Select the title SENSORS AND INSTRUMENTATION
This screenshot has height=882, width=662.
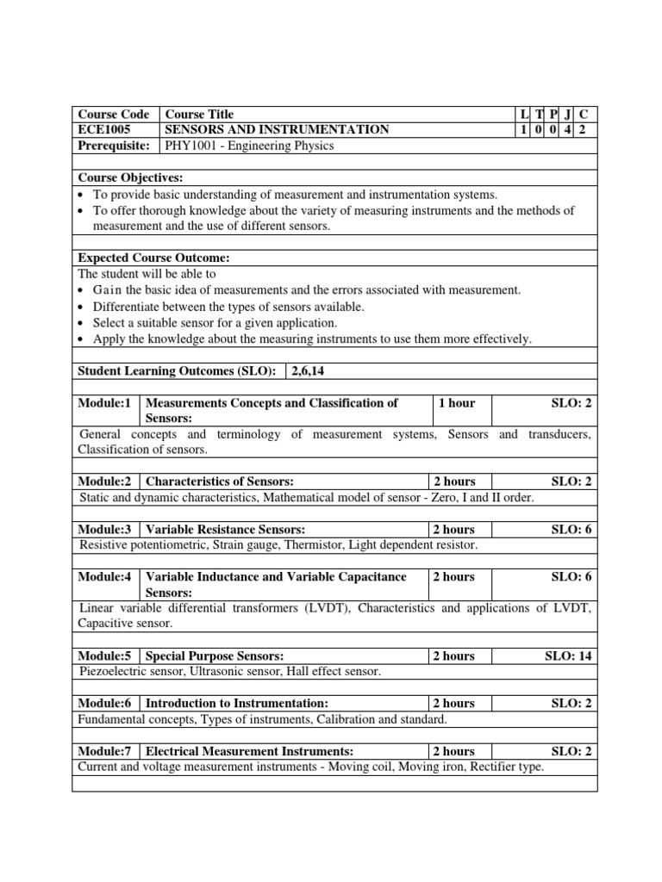(x=277, y=130)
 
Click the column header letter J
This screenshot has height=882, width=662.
(x=567, y=115)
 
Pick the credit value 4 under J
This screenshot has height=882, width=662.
(x=567, y=130)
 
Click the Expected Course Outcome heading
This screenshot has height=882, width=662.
(x=154, y=258)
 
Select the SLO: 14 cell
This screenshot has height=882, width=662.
(x=568, y=655)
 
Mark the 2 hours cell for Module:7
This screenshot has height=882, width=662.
(x=453, y=751)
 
